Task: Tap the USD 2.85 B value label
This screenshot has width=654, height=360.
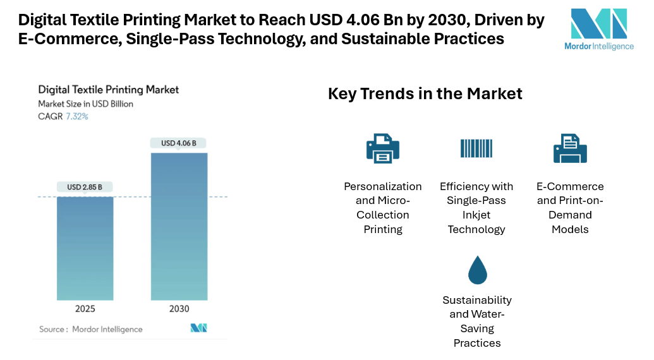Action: coord(85,187)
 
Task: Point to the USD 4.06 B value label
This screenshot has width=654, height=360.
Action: coord(179,143)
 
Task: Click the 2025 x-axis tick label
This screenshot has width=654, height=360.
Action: coord(85,308)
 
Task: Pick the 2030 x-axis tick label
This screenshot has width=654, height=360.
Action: coord(179,308)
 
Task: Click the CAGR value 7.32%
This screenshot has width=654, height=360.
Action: coord(77,116)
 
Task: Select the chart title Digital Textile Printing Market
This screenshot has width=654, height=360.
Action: coord(109,90)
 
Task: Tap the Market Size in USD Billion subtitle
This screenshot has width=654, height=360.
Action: coord(86,104)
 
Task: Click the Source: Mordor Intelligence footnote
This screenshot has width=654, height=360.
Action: coord(91,329)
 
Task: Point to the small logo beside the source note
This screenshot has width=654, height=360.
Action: coord(199,328)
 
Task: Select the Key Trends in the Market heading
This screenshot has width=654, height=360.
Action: coord(425,94)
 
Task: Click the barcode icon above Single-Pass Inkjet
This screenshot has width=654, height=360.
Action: coord(476,148)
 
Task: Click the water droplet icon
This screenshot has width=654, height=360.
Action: coord(477,270)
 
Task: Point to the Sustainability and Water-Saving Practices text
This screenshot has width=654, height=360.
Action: coord(477,321)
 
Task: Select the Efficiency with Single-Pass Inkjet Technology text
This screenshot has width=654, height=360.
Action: coord(476,208)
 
